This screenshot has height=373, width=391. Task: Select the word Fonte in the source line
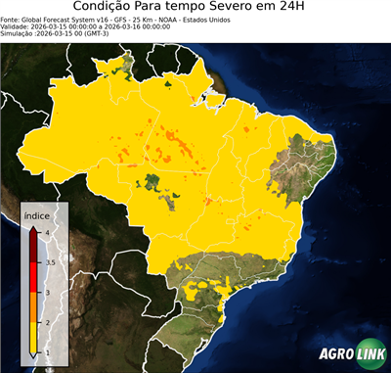pos(11,19)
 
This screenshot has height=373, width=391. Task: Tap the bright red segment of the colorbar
pos(33,277)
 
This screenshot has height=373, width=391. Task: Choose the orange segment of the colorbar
pos(33,306)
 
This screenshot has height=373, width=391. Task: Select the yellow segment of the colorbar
pos(33,337)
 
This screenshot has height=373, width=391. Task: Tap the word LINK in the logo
pos(367,354)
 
